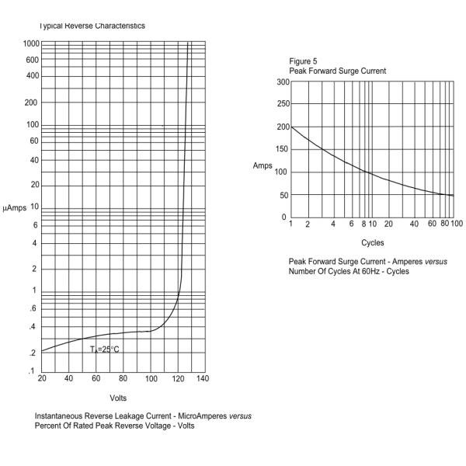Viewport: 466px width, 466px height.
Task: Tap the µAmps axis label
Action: (x=15, y=208)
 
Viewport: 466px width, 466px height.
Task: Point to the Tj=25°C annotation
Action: (x=104, y=349)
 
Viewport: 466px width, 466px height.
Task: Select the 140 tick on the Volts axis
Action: (x=203, y=379)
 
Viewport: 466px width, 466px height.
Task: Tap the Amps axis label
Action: (x=262, y=166)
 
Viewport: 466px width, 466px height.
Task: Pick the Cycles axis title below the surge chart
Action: (x=372, y=242)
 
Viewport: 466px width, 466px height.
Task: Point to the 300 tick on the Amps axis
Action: (x=282, y=82)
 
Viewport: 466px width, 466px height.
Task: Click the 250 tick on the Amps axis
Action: (x=282, y=104)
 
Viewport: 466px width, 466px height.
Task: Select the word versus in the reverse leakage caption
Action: (x=240, y=416)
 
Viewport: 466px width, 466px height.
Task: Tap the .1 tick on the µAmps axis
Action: (x=32, y=371)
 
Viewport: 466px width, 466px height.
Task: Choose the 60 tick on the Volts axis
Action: (x=96, y=379)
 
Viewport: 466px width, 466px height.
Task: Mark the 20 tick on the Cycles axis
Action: (x=388, y=224)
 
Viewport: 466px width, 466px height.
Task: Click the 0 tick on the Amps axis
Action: (x=284, y=217)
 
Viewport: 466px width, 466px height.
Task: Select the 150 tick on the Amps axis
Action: (x=282, y=149)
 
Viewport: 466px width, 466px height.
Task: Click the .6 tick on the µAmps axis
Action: (x=32, y=308)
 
